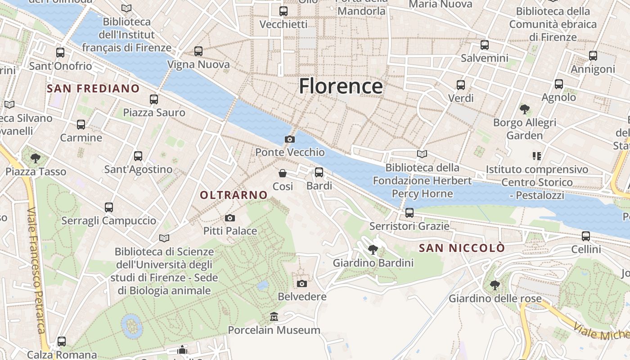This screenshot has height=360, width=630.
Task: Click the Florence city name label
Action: click(x=341, y=86)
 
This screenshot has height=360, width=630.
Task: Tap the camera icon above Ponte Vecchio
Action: click(x=290, y=139)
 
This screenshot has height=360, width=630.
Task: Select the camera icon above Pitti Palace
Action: click(x=230, y=218)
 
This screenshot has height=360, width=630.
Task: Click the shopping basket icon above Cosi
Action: click(x=283, y=173)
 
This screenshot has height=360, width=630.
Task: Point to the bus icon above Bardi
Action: click(x=319, y=172)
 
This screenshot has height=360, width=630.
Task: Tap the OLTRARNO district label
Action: click(x=234, y=195)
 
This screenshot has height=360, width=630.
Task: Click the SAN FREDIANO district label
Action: click(x=93, y=88)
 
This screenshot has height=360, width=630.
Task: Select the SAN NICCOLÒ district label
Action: click(x=462, y=248)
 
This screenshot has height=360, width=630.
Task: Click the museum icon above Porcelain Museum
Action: click(x=274, y=317)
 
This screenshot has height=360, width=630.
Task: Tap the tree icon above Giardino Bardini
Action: click(x=373, y=249)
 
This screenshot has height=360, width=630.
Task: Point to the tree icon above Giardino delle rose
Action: click(x=495, y=285)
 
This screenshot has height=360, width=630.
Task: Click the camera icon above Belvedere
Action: click(x=302, y=283)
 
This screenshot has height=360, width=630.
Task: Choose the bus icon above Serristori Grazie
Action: click(x=409, y=212)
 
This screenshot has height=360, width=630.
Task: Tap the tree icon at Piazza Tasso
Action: click(x=36, y=158)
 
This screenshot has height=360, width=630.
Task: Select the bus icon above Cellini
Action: click(x=586, y=236)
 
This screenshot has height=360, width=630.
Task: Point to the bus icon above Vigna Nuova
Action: click(x=198, y=51)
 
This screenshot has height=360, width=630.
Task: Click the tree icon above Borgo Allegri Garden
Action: click(x=524, y=109)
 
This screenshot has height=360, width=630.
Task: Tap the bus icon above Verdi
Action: click(x=461, y=85)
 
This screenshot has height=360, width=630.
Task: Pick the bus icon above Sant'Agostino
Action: click(x=138, y=156)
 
